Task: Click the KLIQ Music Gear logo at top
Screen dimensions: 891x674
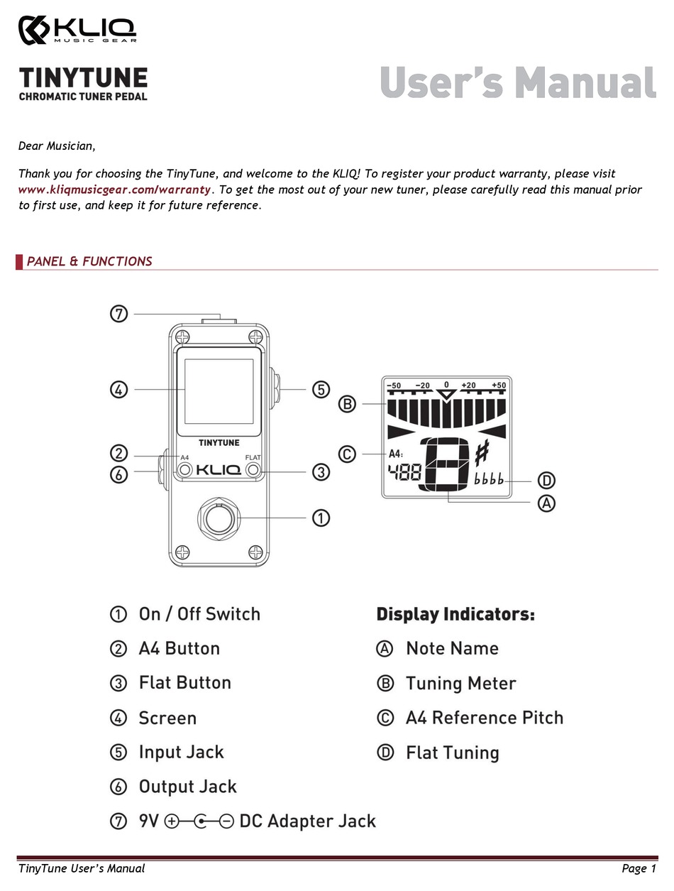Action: click(77, 30)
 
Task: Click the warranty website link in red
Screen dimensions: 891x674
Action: click(114, 190)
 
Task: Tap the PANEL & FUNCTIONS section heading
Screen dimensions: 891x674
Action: click(89, 261)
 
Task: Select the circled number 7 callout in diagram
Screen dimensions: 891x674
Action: click(118, 313)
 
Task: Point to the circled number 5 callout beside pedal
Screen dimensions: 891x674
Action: click(321, 389)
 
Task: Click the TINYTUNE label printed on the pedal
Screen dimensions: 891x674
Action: click(219, 443)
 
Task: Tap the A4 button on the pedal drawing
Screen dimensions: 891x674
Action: click(184, 470)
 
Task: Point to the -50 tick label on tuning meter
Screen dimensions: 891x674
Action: click(394, 386)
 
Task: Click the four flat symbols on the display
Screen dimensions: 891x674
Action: click(489, 480)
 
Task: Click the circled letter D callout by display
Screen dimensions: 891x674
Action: click(546, 480)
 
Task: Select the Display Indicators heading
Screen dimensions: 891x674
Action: click(455, 614)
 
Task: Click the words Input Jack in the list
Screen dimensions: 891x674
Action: click(181, 752)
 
